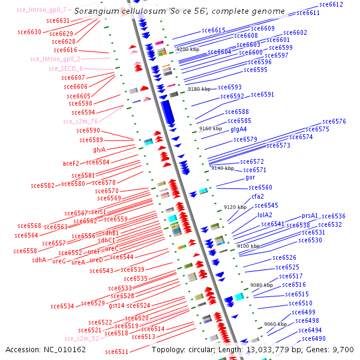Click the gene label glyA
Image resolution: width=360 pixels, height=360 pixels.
coord(99,149)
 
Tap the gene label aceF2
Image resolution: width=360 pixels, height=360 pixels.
coord(71,163)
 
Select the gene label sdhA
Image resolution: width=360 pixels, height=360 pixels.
coord(39,260)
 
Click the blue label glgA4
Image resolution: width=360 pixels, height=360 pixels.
coord(239,129)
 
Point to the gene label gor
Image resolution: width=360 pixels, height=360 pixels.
coord(251,178)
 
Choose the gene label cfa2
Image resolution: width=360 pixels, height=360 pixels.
coord(258,196)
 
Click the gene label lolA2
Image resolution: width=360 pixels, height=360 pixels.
coord(265,215)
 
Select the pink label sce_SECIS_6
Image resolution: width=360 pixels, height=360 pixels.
coord(65,68)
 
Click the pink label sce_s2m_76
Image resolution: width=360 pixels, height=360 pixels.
coord(80,121)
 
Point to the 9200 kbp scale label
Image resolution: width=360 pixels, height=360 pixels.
coord(187,49)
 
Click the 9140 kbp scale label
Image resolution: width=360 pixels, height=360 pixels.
coord(222,169)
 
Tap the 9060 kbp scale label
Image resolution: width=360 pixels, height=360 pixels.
coord(275,324)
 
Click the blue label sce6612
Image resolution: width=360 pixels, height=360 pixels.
coord(331,4)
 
